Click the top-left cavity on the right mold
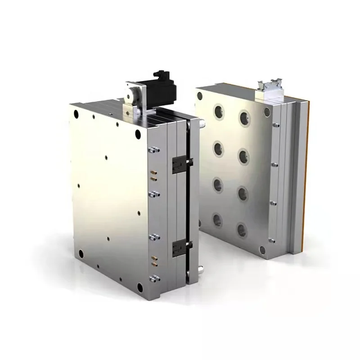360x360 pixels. click(x=219, y=111)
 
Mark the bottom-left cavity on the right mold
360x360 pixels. click(x=217, y=220)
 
